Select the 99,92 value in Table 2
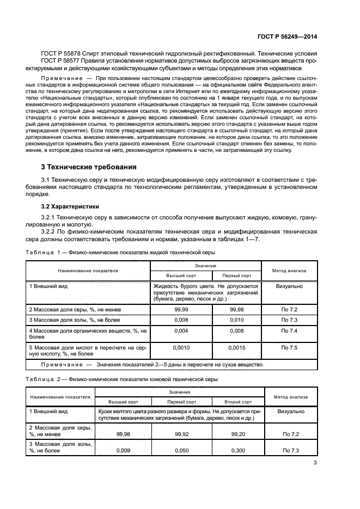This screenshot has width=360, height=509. click(x=181, y=434)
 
